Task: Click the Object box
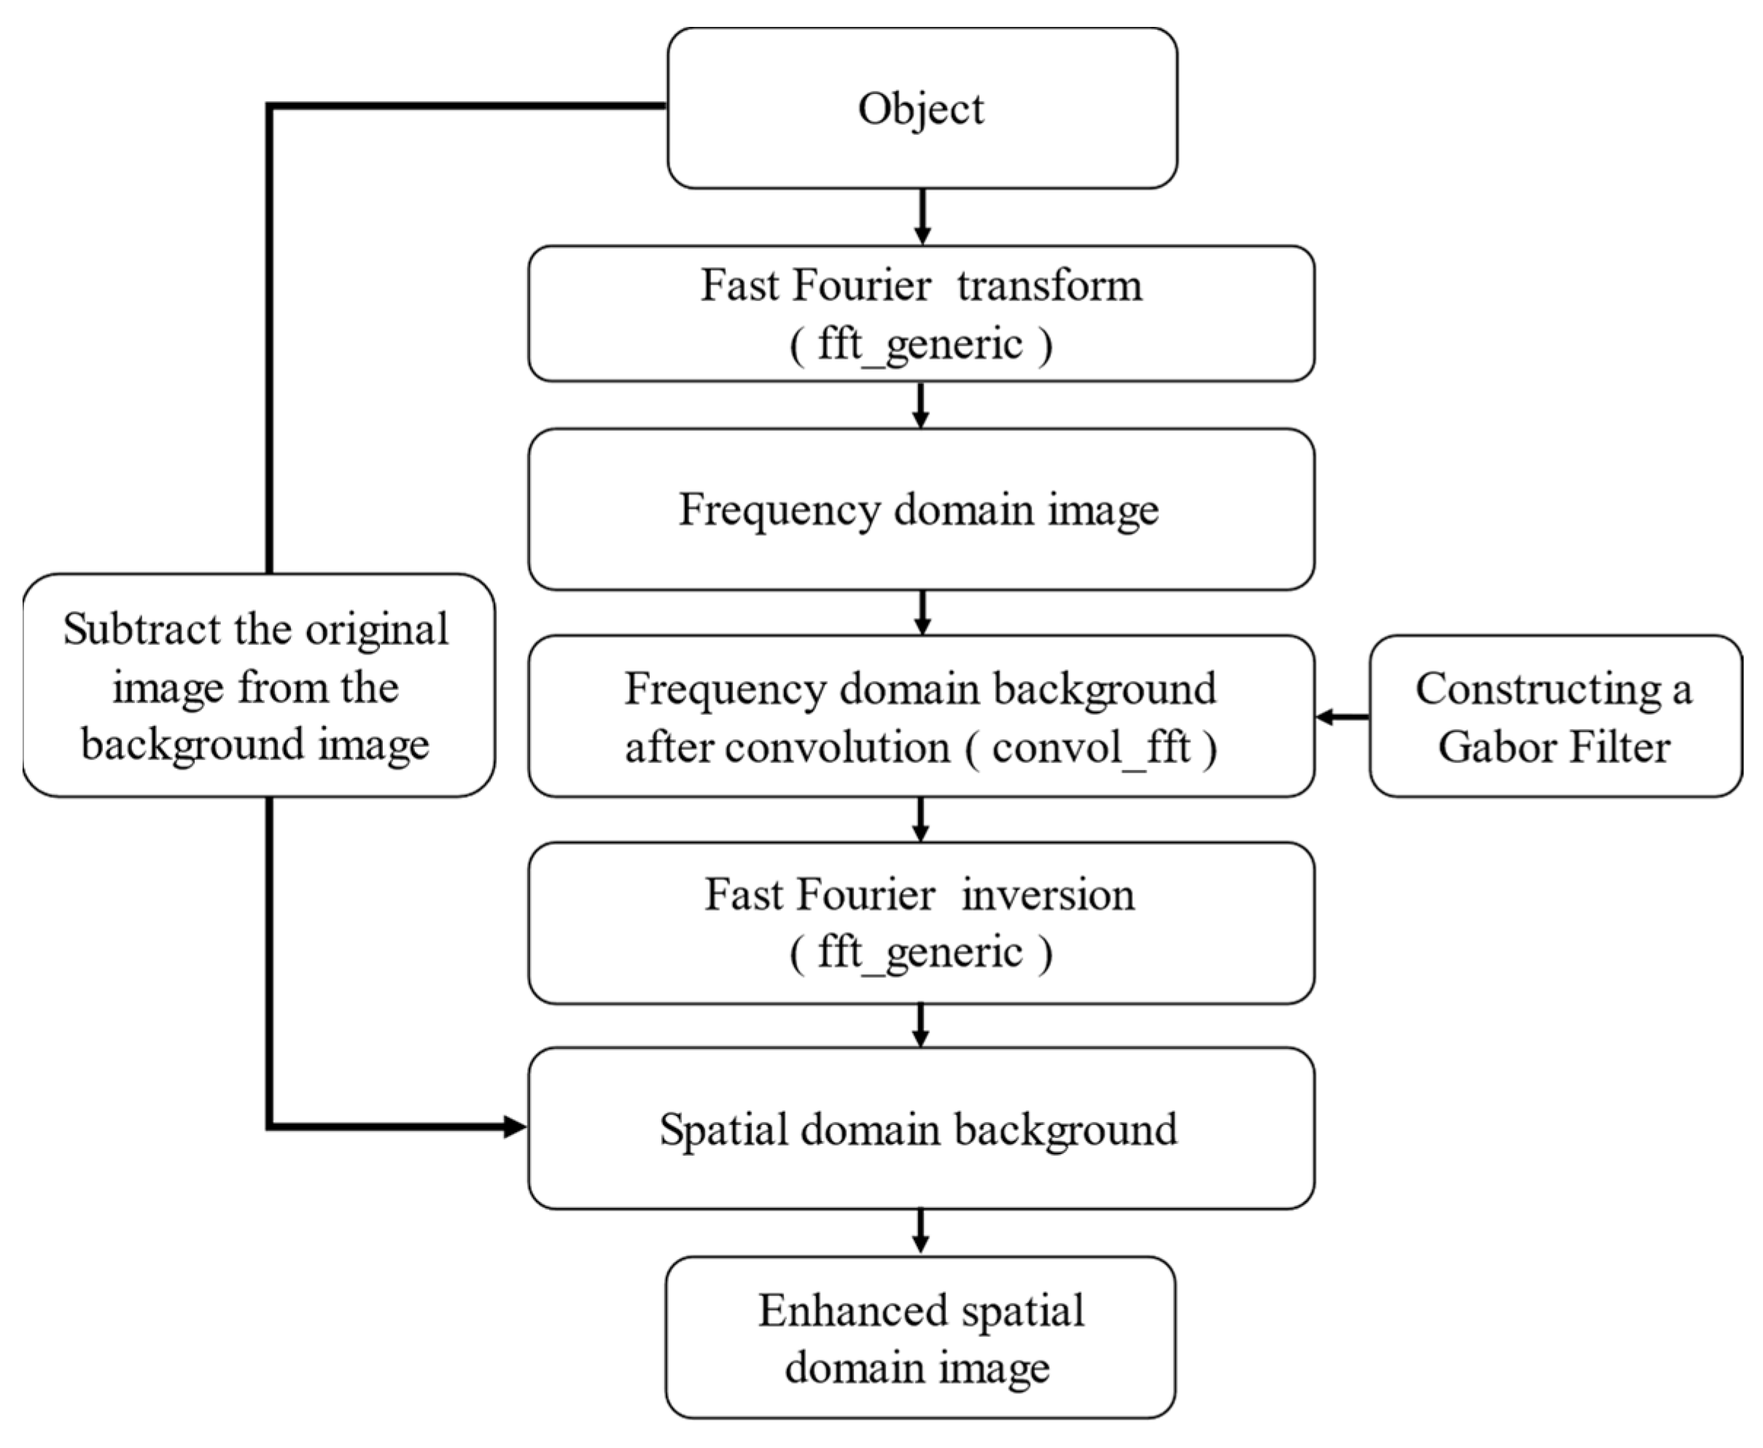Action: (x=922, y=109)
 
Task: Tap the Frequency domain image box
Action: (x=921, y=510)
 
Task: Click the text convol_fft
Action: (x=1090, y=747)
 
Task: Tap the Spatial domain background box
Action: (x=921, y=1129)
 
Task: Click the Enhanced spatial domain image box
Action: (x=921, y=1339)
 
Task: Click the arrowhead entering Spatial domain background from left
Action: (x=513, y=1128)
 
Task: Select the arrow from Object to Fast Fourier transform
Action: (x=922, y=217)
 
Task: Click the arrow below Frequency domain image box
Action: (x=922, y=613)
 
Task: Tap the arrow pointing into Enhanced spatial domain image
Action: (x=921, y=1232)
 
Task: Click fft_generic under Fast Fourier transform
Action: (x=920, y=344)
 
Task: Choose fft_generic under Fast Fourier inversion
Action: (x=920, y=952)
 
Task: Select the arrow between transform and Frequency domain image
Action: (x=921, y=405)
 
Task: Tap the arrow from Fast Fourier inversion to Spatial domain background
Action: (x=921, y=1025)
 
